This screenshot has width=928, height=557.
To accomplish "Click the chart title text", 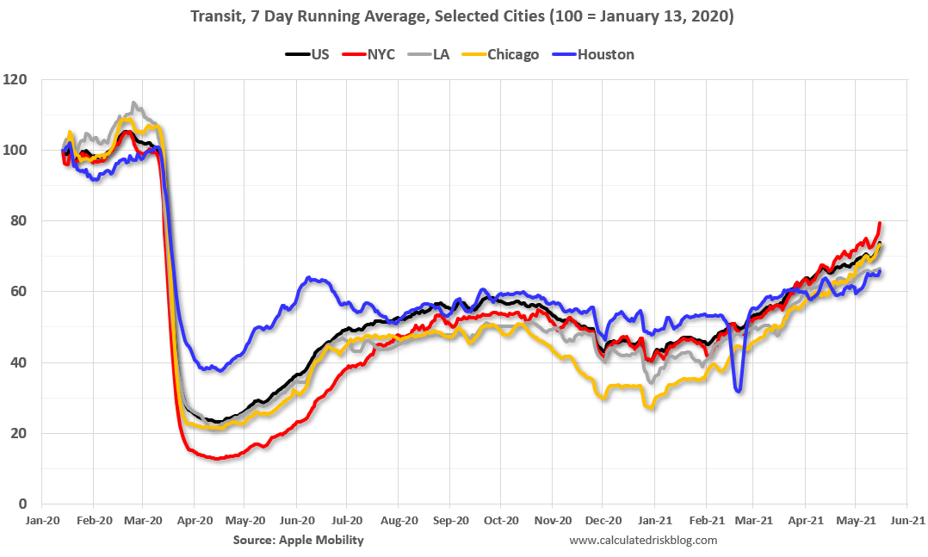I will click(x=463, y=16).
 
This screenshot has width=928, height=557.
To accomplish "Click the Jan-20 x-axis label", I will click(x=43, y=521).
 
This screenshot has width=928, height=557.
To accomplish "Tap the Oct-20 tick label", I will click(x=501, y=521).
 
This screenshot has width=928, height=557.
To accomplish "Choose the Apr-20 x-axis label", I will click(x=195, y=521).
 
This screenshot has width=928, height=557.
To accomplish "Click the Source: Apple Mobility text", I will click(x=298, y=540).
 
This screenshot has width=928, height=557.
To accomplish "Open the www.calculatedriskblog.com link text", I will click(x=643, y=540).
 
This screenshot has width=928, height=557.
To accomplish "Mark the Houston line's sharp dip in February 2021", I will click(x=739, y=391).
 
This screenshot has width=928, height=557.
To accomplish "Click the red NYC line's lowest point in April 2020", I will click(x=216, y=458).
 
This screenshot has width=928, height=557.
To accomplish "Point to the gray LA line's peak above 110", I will click(x=133, y=103).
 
